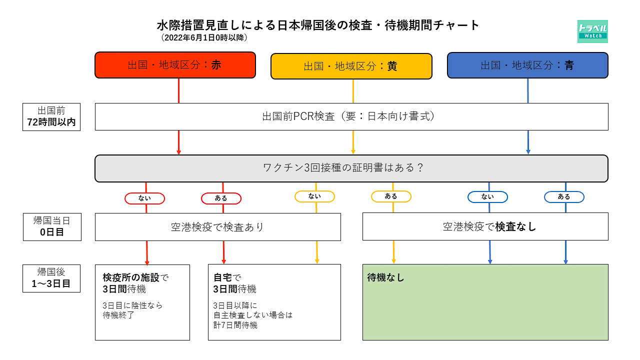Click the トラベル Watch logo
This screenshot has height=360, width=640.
pyautogui.click(x=592, y=31)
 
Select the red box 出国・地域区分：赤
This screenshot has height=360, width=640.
pyautogui.click(x=175, y=65)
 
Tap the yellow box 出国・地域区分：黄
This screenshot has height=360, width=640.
pyautogui.click(x=351, y=66)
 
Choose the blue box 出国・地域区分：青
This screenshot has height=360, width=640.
pyautogui.click(x=527, y=65)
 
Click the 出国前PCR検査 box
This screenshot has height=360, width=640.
pyautogui.click(x=351, y=116)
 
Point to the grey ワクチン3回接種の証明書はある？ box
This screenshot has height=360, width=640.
pyautogui.click(x=351, y=168)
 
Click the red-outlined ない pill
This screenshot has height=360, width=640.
pyautogui.click(x=144, y=198)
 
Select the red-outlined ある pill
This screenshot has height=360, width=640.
pyautogui.click(x=221, y=198)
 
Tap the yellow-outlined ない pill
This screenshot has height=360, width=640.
pyautogui.click(x=314, y=196)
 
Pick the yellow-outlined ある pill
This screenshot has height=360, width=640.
pyautogui.click(x=391, y=196)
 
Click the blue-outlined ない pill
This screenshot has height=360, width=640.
pyautogui.click(x=487, y=197)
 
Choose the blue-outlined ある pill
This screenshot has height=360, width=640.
pyautogui.click(x=564, y=197)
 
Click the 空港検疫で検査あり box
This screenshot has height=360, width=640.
pyautogui.click(x=218, y=227)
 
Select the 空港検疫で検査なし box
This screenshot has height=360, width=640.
pyautogui.click(x=485, y=226)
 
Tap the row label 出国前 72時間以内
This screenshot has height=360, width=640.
pyautogui.click(x=51, y=116)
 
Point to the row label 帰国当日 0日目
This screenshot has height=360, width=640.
pyautogui.click(x=52, y=226)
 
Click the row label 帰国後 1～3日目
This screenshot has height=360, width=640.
pyautogui.click(x=51, y=278)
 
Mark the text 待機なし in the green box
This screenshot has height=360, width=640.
pyautogui.click(x=385, y=277)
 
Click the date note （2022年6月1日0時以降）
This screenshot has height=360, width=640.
pyautogui.click(x=204, y=37)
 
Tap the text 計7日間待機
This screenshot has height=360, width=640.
pyautogui.click(x=235, y=325)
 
